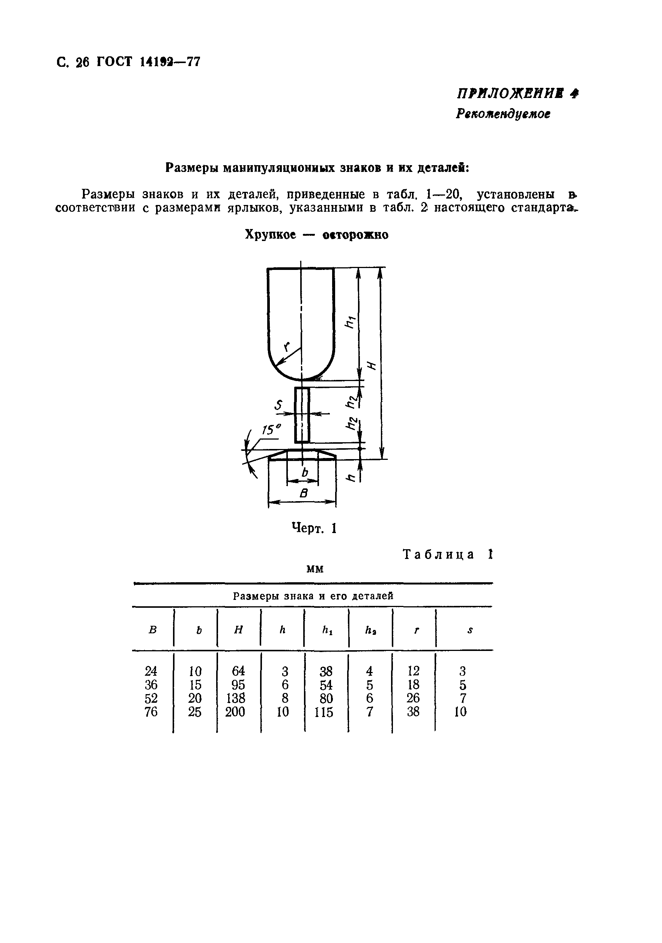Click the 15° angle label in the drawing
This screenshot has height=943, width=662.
pos(271,429)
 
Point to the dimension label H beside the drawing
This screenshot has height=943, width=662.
pos(372,365)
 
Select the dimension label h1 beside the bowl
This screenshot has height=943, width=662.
pos(350,322)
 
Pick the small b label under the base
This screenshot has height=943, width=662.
pos(304,473)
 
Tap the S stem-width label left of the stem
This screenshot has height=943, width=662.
pos(279,405)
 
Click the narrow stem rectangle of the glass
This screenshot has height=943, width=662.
pos(302,414)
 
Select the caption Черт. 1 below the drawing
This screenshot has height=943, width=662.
pos(314,528)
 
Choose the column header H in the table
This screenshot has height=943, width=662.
pos(238,630)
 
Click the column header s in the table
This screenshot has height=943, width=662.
pos(470,630)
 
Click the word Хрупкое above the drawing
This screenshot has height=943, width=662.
pos(270,235)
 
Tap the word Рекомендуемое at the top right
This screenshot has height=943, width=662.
pos(503,114)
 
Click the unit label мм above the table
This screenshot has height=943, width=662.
pos(315,569)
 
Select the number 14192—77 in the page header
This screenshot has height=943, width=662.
pos(170,62)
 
